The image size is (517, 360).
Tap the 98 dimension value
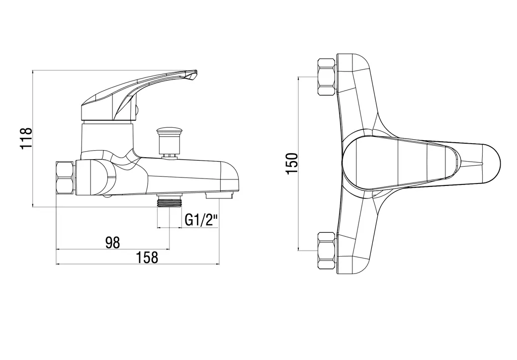[112, 243]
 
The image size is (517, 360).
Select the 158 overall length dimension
[147, 257]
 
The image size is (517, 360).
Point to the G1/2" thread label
[201, 220]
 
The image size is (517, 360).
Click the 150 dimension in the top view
[292, 164]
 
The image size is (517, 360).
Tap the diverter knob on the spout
[169, 141]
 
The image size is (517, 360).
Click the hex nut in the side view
[66, 178]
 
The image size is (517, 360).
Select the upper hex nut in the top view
[327, 77]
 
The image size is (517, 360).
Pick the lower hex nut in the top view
[327, 251]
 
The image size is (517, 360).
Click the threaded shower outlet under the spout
[170, 201]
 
